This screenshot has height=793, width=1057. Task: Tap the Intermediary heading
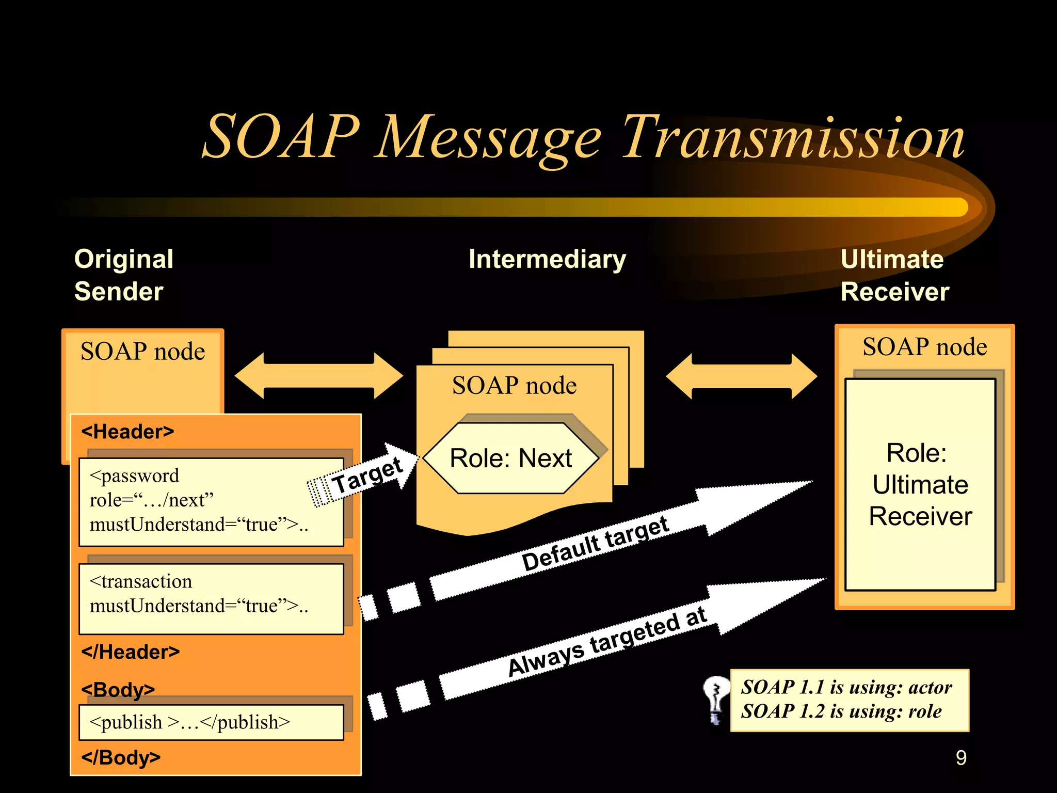547,259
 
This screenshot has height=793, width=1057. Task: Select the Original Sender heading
124,275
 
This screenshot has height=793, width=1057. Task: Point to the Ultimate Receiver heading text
894,275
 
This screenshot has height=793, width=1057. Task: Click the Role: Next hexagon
510,458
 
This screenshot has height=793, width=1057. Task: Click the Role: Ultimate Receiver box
920,484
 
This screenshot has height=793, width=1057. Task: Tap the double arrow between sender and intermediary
318,376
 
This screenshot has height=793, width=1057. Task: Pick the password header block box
211,501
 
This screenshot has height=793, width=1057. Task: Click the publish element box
211,722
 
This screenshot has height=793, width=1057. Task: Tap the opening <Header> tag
127,432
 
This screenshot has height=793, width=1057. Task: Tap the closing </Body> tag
121,757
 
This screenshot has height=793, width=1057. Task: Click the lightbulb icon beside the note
716,700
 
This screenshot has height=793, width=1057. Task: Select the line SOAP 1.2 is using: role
841,712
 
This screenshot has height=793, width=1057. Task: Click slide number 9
960,758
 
